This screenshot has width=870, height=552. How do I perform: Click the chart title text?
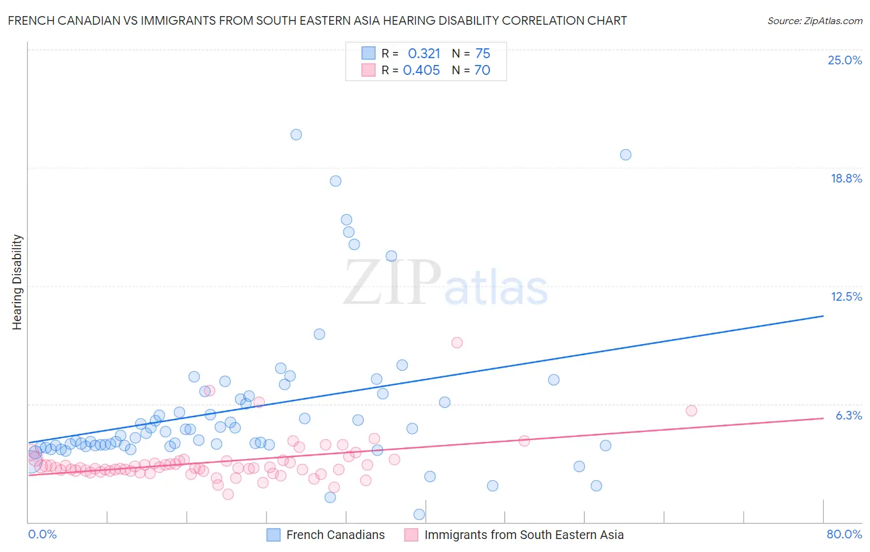click(317, 21)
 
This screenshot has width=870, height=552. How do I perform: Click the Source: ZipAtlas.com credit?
click(814, 21)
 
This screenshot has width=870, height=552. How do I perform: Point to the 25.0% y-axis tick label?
click(845, 60)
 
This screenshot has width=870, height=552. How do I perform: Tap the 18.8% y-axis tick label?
click(846, 178)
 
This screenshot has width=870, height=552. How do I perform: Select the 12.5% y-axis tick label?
click(846, 296)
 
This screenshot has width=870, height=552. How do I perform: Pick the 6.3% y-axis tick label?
click(848, 415)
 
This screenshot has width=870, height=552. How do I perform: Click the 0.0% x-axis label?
click(42, 534)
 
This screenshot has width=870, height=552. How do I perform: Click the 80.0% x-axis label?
click(844, 534)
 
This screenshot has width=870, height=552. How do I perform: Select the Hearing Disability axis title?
click(17, 282)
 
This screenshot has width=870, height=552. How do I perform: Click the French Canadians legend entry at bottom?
click(335, 535)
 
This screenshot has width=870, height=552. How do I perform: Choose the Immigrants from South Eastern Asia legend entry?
click(523, 535)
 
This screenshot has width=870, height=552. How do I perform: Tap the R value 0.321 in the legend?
click(424, 54)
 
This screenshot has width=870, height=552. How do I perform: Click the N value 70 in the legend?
click(482, 71)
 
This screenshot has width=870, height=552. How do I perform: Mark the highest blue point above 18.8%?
click(296, 134)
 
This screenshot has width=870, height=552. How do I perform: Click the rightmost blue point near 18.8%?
click(626, 155)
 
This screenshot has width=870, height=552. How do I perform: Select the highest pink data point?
click(457, 342)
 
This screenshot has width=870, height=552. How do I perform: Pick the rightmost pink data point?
click(691, 411)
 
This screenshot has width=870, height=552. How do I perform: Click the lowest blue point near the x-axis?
click(419, 514)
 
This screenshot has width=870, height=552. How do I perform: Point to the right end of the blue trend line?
click(823, 316)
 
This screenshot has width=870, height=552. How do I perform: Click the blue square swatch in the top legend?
click(369, 53)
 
